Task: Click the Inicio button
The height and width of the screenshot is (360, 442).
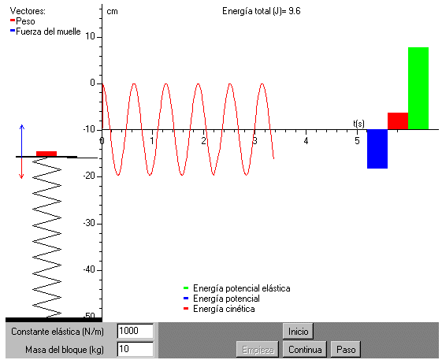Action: [298, 331]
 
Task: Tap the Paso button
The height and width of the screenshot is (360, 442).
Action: [346, 350]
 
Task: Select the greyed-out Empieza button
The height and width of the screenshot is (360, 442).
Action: [258, 350]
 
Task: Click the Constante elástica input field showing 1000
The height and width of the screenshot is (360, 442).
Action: [136, 331]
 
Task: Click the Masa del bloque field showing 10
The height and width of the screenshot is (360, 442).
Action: [136, 349]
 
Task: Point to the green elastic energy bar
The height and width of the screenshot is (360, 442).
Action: [418, 88]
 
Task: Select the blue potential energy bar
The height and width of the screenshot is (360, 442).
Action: [377, 149]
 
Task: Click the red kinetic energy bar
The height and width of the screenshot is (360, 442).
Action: [398, 121]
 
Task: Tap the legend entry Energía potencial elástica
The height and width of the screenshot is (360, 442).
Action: [241, 288]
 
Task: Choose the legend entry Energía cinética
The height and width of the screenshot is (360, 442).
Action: [224, 309]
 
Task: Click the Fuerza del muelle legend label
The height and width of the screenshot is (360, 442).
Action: [48, 32]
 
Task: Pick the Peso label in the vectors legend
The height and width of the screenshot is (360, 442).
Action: [25, 21]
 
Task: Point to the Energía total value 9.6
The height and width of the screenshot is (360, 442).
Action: [295, 11]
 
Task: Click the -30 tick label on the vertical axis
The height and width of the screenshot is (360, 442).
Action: [89, 223]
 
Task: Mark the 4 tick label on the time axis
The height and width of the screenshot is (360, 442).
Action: [306, 140]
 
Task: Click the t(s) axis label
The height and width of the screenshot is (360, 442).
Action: [358, 124]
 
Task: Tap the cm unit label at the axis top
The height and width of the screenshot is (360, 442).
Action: [112, 11]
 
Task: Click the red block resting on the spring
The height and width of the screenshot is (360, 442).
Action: [46, 154]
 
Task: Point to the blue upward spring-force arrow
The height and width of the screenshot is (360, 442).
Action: [22, 140]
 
